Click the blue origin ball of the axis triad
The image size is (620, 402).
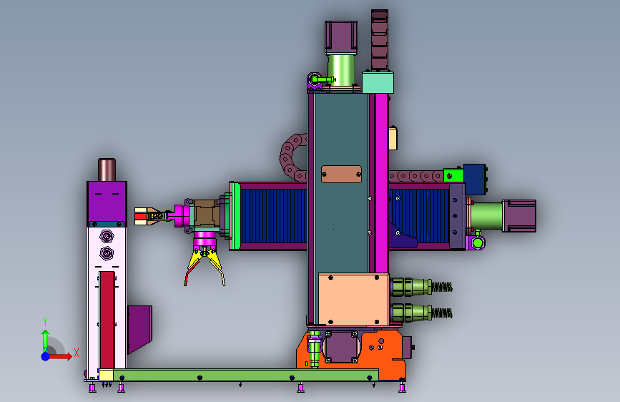click(46, 356)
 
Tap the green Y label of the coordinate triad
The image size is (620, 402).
click(45, 322)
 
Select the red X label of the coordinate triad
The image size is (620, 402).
click(77, 353)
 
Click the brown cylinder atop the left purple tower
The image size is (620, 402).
click(107, 170)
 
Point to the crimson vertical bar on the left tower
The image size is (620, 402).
click(107, 320)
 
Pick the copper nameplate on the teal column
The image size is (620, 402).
click(341, 174)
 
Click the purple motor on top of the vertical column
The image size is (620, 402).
click(341, 38)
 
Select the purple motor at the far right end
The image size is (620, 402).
click(519, 215)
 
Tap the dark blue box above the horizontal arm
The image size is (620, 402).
click(475, 180)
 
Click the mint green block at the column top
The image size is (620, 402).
click(378, 82)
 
